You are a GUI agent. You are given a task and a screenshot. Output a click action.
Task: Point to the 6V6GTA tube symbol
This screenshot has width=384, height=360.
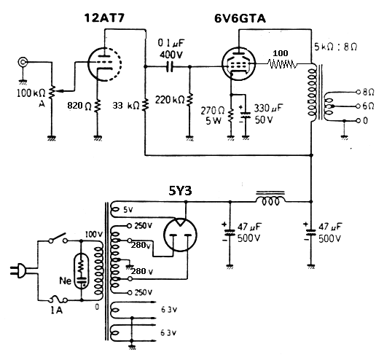[233, 66]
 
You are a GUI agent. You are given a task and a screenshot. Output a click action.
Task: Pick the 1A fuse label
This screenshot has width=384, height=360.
[56, 310]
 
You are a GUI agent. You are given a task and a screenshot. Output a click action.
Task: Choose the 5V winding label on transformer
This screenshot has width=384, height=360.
[128, 211]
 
